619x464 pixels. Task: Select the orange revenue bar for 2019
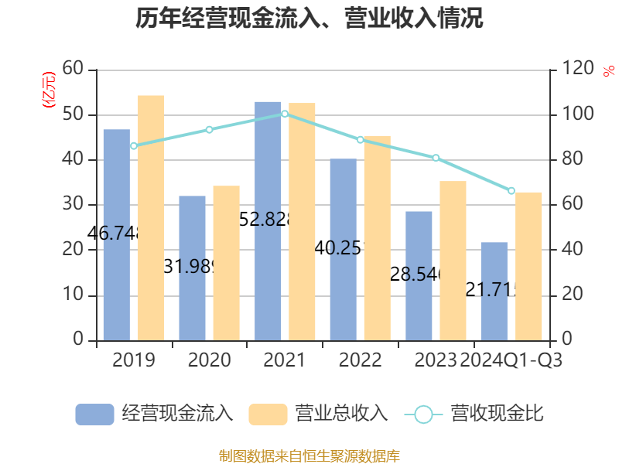(151, 217)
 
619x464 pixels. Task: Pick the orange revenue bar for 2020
(226, 263)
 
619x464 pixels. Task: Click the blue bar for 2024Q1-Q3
(494, 291)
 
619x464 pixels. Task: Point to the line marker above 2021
(285, 114)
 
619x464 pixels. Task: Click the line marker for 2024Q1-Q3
(511, 190)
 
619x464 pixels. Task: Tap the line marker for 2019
(134, 146)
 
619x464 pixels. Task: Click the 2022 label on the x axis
(360, 360)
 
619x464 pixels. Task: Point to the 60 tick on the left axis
(73, 70)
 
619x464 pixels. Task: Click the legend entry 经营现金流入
(155, 414)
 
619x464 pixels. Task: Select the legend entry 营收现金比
(474, 414)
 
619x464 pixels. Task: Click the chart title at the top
(309, 19)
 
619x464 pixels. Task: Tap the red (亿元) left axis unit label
(49, 89)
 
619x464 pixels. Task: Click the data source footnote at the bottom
(309, 455)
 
